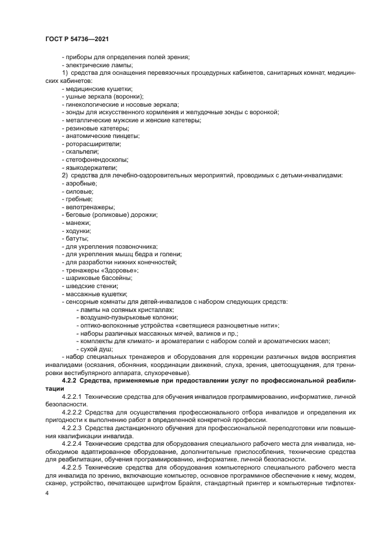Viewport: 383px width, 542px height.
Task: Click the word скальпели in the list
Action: [x=82, y=151]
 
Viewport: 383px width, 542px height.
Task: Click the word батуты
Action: [x=76, y=238]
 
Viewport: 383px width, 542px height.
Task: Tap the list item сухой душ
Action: [x=96, y=349]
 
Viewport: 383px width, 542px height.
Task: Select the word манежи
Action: [x=78, y=223]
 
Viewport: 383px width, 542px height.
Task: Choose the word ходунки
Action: [x=78, y=231]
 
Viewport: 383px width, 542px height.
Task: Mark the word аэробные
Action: [x=81, y=183]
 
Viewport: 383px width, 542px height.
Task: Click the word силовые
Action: [x=79, y=191]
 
